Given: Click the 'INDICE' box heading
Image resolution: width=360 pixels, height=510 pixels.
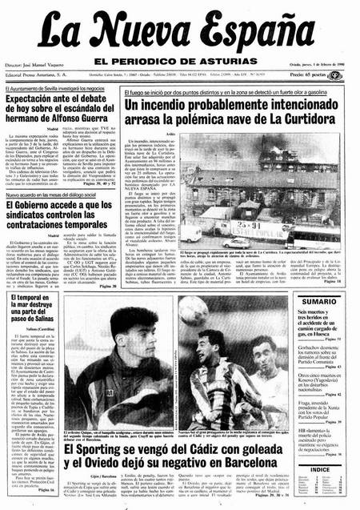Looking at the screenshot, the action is pos(319,468).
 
